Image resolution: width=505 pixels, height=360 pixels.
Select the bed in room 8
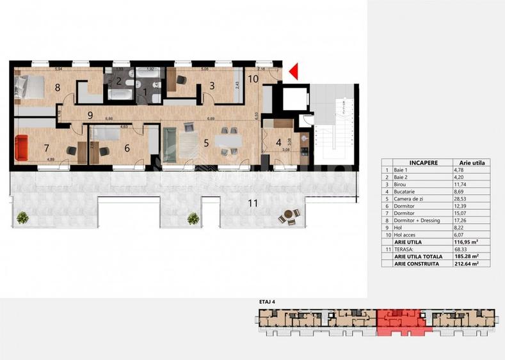click(28, 88)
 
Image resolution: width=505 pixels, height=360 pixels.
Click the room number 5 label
click(205, 143)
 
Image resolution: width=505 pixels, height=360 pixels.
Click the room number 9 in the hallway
click(91, 115)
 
